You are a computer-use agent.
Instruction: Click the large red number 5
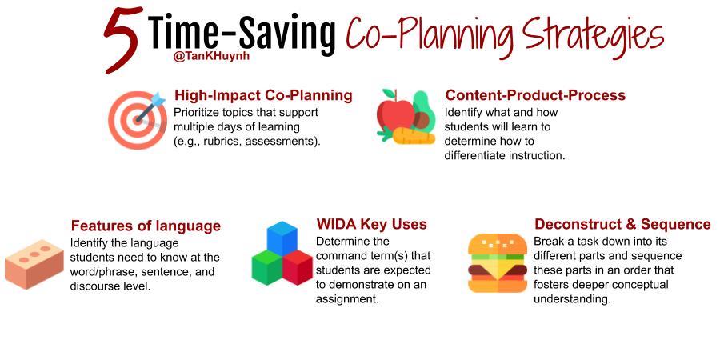coord(122,41)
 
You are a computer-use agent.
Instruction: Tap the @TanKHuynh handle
coord(212,58)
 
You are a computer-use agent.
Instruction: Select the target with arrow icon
coord(138,120)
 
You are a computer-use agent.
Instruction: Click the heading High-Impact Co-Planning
coord(263,95)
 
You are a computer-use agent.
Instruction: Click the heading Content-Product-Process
coord(535,95)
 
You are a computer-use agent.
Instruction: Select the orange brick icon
coord(35,264)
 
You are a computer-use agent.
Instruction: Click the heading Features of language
coord(146,226)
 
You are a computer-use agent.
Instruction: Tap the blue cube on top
coord(282,238)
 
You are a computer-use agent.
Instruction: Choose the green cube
coord(266,266)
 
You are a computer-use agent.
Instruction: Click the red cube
coord(297,267)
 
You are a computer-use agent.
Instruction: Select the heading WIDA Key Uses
coord(371,224)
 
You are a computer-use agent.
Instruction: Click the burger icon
coord(498,263)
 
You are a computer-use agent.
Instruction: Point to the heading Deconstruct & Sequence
coord(622,224)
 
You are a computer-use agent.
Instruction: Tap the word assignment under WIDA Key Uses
coord(346,300)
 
